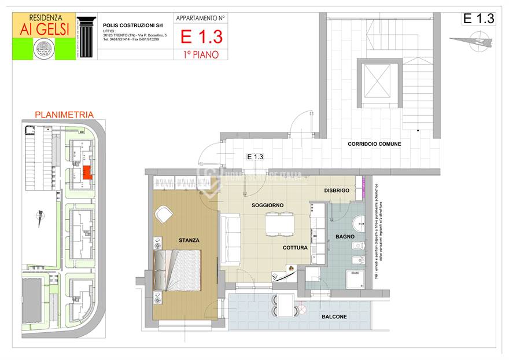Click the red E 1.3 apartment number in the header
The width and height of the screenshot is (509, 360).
201,37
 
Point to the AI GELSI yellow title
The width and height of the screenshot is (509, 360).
43,29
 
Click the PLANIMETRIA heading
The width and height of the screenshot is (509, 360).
64,115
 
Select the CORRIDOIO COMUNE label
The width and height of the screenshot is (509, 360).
374,144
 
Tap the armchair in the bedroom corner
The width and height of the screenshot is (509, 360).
164,215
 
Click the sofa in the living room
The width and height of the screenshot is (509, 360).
231,237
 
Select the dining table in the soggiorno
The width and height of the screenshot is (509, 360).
279,223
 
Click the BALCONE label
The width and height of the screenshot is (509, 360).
334,317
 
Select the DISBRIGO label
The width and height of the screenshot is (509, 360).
336,190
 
